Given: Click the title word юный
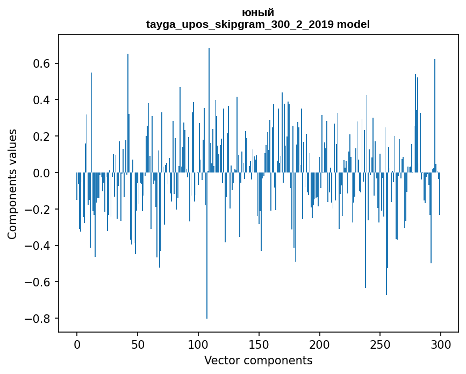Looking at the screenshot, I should coord(258,12).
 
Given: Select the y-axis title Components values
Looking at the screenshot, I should coord(12,184).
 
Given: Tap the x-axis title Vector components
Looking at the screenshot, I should coord(258,360).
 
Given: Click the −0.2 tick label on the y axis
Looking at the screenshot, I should coord(39,209).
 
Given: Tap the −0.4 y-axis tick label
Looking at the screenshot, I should coord(39,246).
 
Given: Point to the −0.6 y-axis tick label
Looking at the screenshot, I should coord(39,282).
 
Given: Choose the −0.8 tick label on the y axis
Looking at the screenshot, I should coord(39,319).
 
